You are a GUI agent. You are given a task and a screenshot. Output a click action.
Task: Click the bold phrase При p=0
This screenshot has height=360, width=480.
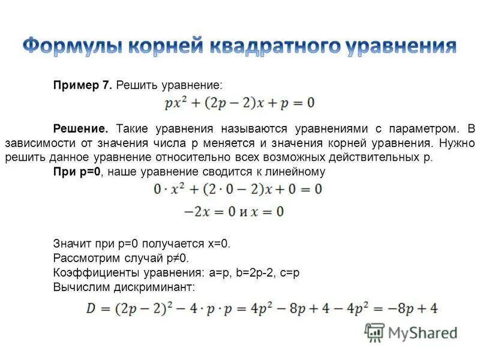[77, 172]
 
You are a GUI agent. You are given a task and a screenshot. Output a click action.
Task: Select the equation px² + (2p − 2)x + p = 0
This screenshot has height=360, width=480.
[239, 103]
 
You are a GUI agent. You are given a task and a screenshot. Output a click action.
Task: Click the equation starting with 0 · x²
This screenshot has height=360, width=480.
[238, 190]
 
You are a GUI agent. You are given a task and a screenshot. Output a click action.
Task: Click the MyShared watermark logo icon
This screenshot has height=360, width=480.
[375, 332]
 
